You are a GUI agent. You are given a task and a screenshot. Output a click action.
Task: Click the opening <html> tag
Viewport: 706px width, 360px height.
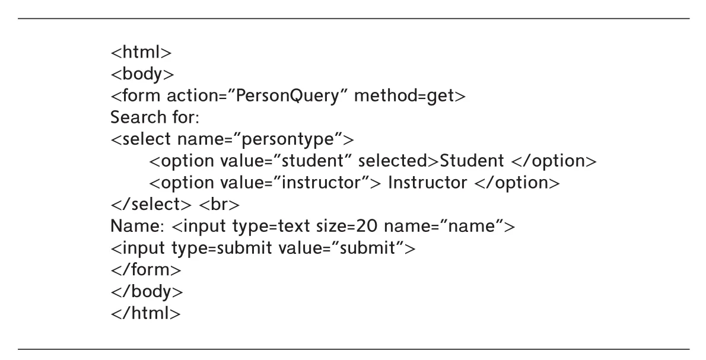tap(141, 52)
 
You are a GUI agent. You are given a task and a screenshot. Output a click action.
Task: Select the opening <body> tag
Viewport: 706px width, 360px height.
tap(142, 74)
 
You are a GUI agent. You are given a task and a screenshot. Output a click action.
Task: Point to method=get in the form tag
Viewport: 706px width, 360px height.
tap(410, 96)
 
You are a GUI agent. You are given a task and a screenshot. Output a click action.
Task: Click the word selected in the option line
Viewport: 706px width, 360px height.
tap(393, 161)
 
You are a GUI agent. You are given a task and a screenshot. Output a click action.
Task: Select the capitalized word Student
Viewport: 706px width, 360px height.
tap(472, 161)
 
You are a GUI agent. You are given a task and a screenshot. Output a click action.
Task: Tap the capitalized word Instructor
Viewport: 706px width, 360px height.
tap(427, 182)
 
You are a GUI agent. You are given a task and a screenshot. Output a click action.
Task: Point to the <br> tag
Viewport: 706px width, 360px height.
tap(220, 204)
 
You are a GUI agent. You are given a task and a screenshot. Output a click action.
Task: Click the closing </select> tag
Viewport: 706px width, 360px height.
tap(151, 204)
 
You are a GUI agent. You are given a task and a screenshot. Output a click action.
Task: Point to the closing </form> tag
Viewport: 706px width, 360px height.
tap(146, 269)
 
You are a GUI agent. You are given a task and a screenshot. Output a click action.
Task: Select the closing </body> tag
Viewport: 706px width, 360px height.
tap(147, 291)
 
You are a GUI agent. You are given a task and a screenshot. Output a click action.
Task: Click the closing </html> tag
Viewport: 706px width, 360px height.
tap(146, 313)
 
